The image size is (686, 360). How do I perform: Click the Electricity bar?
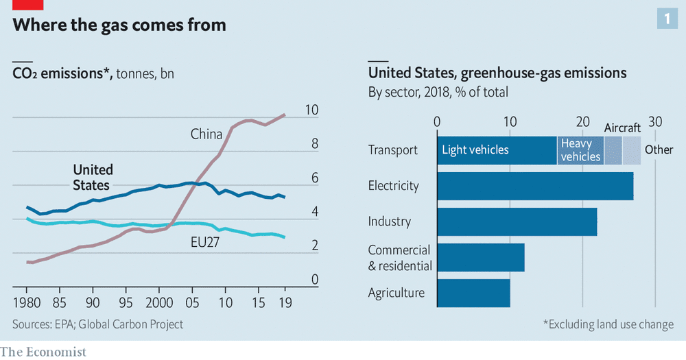click(x=535, y=186)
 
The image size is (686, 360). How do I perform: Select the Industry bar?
click(x=517, y=221)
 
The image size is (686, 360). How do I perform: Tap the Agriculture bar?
click(x=473, y=293)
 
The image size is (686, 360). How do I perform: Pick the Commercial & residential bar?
click(x=481, y=257)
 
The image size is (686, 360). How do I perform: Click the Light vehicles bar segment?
click(x=497, y=150)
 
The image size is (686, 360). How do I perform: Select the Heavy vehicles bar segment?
click(x=580, y=150)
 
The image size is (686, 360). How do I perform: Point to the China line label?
click(x=206, y=134)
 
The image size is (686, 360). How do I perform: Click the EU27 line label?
click(x=204, y=242)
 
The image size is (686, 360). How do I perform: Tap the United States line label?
click(x=93, y=177)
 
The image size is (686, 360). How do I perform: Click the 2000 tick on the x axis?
click(x=159, y=302)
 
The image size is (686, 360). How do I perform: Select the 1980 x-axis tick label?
click(x=27, y=302)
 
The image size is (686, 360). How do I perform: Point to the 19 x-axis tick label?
click(x=285, y=302)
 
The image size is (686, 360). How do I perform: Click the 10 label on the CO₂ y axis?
click(x=311, y=110)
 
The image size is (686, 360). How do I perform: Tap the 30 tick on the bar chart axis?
click(x=655, y=121)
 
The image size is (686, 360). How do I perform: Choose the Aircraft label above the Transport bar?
click(x=622, y=128)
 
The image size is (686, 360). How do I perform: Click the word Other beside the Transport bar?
click(x=659, y=149)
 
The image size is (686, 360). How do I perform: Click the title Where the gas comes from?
click(x=119, y=25)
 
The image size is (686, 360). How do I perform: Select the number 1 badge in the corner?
click(x=667, y=19)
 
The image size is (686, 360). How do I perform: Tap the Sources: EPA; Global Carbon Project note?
click(x=97, y=324)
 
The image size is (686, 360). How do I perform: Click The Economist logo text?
click(x=43, y=352)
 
